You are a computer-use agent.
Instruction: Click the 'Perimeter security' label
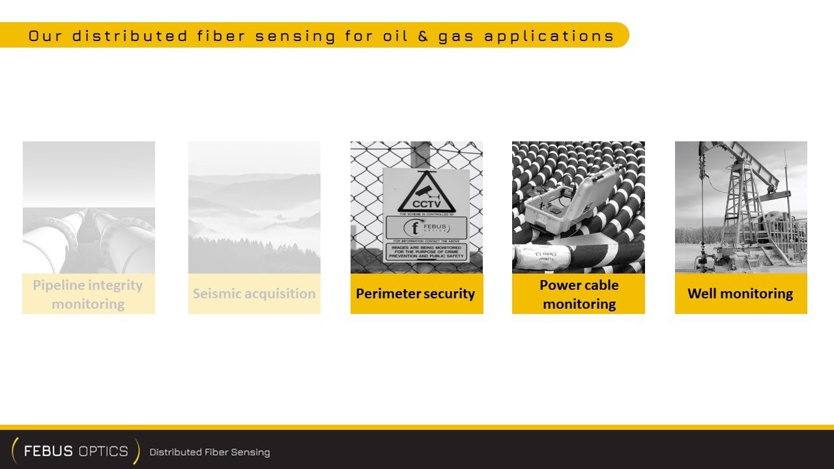pos(416,294)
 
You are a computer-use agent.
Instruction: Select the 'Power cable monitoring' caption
pos(579,294)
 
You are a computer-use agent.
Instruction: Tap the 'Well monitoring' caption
pos(740,294)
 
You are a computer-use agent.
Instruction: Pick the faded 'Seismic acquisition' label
pos(254,294)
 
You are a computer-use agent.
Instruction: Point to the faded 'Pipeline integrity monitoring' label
pos(88,294)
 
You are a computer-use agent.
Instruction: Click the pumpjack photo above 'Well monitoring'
pos(741,207)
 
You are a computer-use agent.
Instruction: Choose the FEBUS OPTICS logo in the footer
pos(76,451)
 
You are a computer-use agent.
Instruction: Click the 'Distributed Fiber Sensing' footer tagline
pos(210,452)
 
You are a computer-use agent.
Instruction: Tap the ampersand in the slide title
pos(423,36)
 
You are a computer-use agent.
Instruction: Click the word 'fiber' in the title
pos(220,36)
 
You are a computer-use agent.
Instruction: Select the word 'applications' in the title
pos(549,36)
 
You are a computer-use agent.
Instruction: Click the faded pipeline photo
pos(89,207)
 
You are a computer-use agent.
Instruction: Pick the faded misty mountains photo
pos(254,207)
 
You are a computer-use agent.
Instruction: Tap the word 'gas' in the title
pos(456,36)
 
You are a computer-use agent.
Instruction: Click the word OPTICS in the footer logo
pos(102,451)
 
